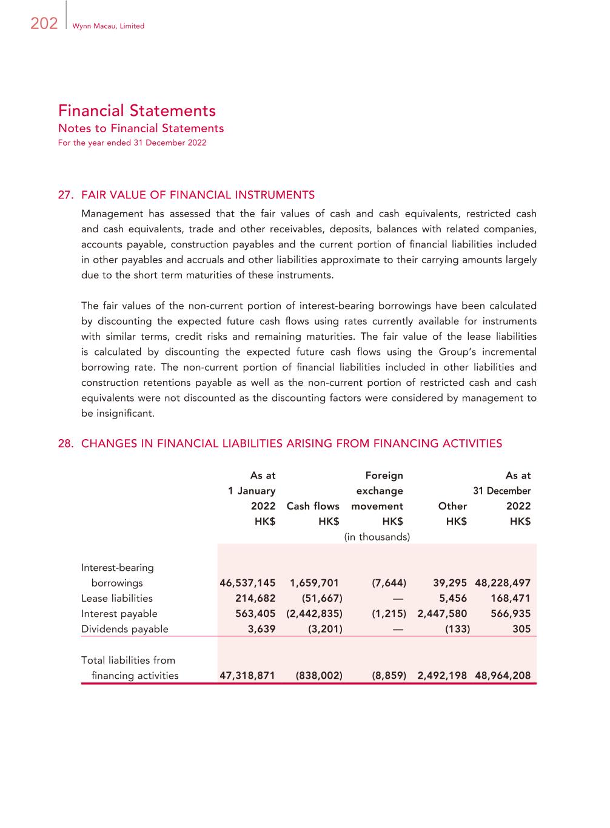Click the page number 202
click(x=44, y=24)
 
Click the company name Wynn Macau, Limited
click(x=108, y=26)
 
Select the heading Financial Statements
click(x=137, y=110)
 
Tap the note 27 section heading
click(x=186, y=195)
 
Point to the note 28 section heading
click(x=280, y=443)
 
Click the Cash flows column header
click(x=312, y=506)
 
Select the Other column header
click(x=452, y=506)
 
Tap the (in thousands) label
click(x=377, y=537)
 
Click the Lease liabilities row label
click(x=117, y=599)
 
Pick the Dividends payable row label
click(x=125, y=629)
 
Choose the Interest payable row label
click(x=119, y=614)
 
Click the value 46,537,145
click(x=247, y=583)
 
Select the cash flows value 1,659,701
click(x=314, y=583)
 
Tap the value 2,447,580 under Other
click(x=442, y=614)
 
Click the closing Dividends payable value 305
click(x=521, y=629)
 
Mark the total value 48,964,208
click(x=503, y=676)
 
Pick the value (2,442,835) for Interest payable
click(x=314, y=614)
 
